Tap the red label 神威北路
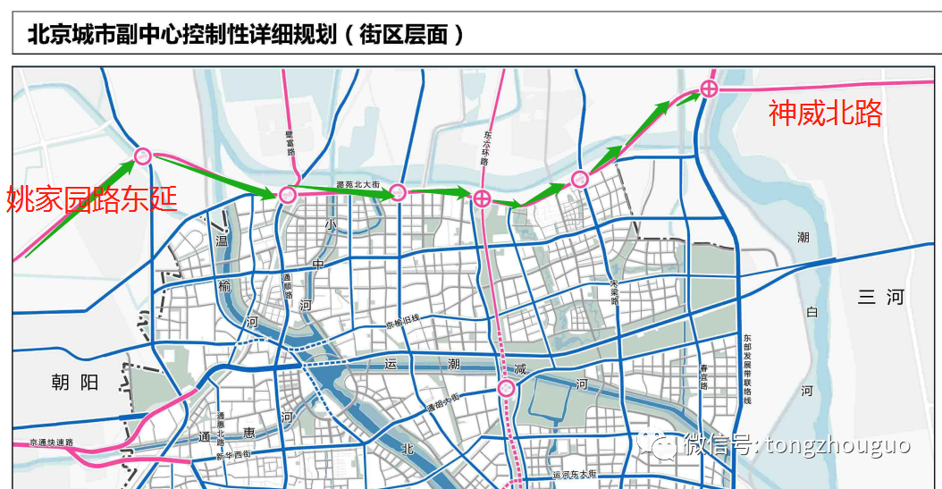tap(825, 113)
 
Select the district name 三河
tap(880, 298)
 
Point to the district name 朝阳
tap(74, 383)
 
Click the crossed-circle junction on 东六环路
tap(482, 198)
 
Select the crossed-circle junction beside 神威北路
tap(709, 88)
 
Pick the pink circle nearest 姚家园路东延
tap(142, 156)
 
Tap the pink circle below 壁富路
tap(288, 194)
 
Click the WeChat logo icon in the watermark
tap(663, 444)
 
